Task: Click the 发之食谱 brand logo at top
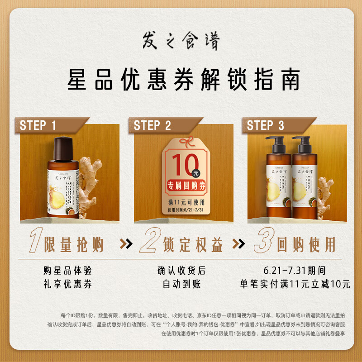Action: [x=181, y=42]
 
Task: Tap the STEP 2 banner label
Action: [x=152, y=125]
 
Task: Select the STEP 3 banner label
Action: [x=266, y=125]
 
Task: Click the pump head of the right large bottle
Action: [x=301, y=141]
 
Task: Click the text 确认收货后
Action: [x=181, y=271]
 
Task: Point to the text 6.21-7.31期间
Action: [x=295, y=271]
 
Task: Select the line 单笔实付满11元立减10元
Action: [x=295, y=285]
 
